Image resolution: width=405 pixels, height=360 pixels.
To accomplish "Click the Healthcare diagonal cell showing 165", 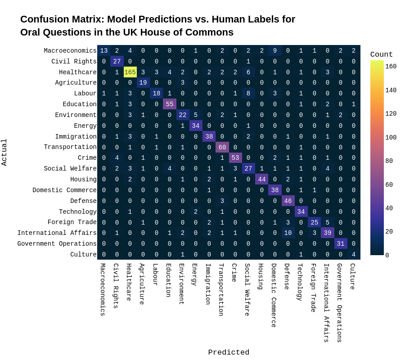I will [130, 72].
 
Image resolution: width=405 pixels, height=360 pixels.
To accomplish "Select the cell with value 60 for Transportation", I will [222, 147].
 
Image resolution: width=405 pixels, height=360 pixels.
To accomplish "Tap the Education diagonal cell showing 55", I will [170, 104].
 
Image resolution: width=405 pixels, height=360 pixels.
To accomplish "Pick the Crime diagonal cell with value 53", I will [235, 158].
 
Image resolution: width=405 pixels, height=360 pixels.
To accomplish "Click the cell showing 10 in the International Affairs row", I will [288, 233].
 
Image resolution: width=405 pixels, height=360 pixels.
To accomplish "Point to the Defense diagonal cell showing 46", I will [288, 201].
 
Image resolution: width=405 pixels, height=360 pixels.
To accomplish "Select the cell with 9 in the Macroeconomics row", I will [275, 51].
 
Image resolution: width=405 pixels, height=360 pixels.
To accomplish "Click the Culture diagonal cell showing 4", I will [354, 254].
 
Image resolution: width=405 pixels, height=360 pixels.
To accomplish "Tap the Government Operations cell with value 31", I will [341, 244].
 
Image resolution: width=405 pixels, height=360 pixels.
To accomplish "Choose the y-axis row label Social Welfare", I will [70, 169].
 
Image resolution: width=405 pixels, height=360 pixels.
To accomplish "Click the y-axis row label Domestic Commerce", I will [64, 190].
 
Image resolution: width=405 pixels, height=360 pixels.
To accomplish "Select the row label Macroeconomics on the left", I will [70, 51].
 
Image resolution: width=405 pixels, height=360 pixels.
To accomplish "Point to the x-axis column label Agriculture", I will [142, 284].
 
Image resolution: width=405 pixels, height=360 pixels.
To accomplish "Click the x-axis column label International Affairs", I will [326, 303].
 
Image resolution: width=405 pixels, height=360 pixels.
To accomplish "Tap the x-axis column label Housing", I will [261, 276].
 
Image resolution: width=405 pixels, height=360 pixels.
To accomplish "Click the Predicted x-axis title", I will [229, 352].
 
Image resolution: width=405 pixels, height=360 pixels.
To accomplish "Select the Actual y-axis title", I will [4, 152].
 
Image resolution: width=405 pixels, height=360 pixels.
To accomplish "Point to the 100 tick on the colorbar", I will [391, 138].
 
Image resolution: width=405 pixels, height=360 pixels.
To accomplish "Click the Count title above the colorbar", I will [381, 54].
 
